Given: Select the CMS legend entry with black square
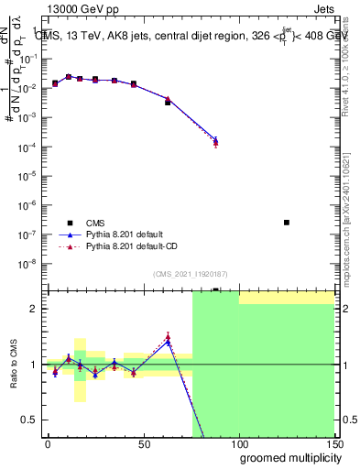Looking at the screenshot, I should coord(70,223).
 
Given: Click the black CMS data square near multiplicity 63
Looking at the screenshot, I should coord(168,103).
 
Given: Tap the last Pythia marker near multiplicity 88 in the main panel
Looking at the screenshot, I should coord(215,141).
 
